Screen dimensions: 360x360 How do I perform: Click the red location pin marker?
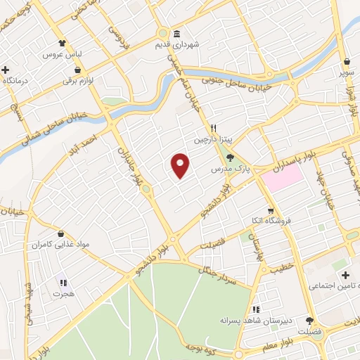click(181, 165)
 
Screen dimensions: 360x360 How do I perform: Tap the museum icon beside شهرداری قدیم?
click(175, 34)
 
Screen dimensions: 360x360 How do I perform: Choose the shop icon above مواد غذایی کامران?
click(61, 233)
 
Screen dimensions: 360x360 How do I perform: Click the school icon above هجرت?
click(61, 282)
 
